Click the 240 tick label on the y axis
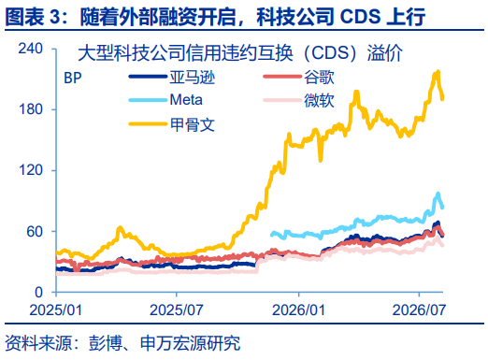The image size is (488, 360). click(30, 49)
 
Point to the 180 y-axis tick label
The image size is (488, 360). click(30, 109)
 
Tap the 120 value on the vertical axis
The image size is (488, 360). click(30, 170)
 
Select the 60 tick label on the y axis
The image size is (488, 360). click(35, 231)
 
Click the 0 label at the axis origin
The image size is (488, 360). click(38, 293)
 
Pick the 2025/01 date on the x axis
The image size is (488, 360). click(56, 310)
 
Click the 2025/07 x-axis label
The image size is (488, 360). click(177, 310)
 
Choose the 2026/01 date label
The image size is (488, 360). click(298, 310)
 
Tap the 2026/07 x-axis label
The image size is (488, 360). click(419, 310)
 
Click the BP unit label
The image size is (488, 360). click(73, 78)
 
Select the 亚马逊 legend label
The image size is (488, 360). click(193, 77)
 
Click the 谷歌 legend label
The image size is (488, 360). click(319, 77)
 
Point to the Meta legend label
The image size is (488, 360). click(186, 100)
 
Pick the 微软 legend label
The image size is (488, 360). click(319, 100)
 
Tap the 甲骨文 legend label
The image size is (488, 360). click(193, 124)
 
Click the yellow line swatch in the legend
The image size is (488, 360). click(148, 124)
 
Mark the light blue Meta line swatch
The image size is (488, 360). click(148, 100)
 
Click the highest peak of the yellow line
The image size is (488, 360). click(438, 72)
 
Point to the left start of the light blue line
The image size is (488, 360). click(271, 235)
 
